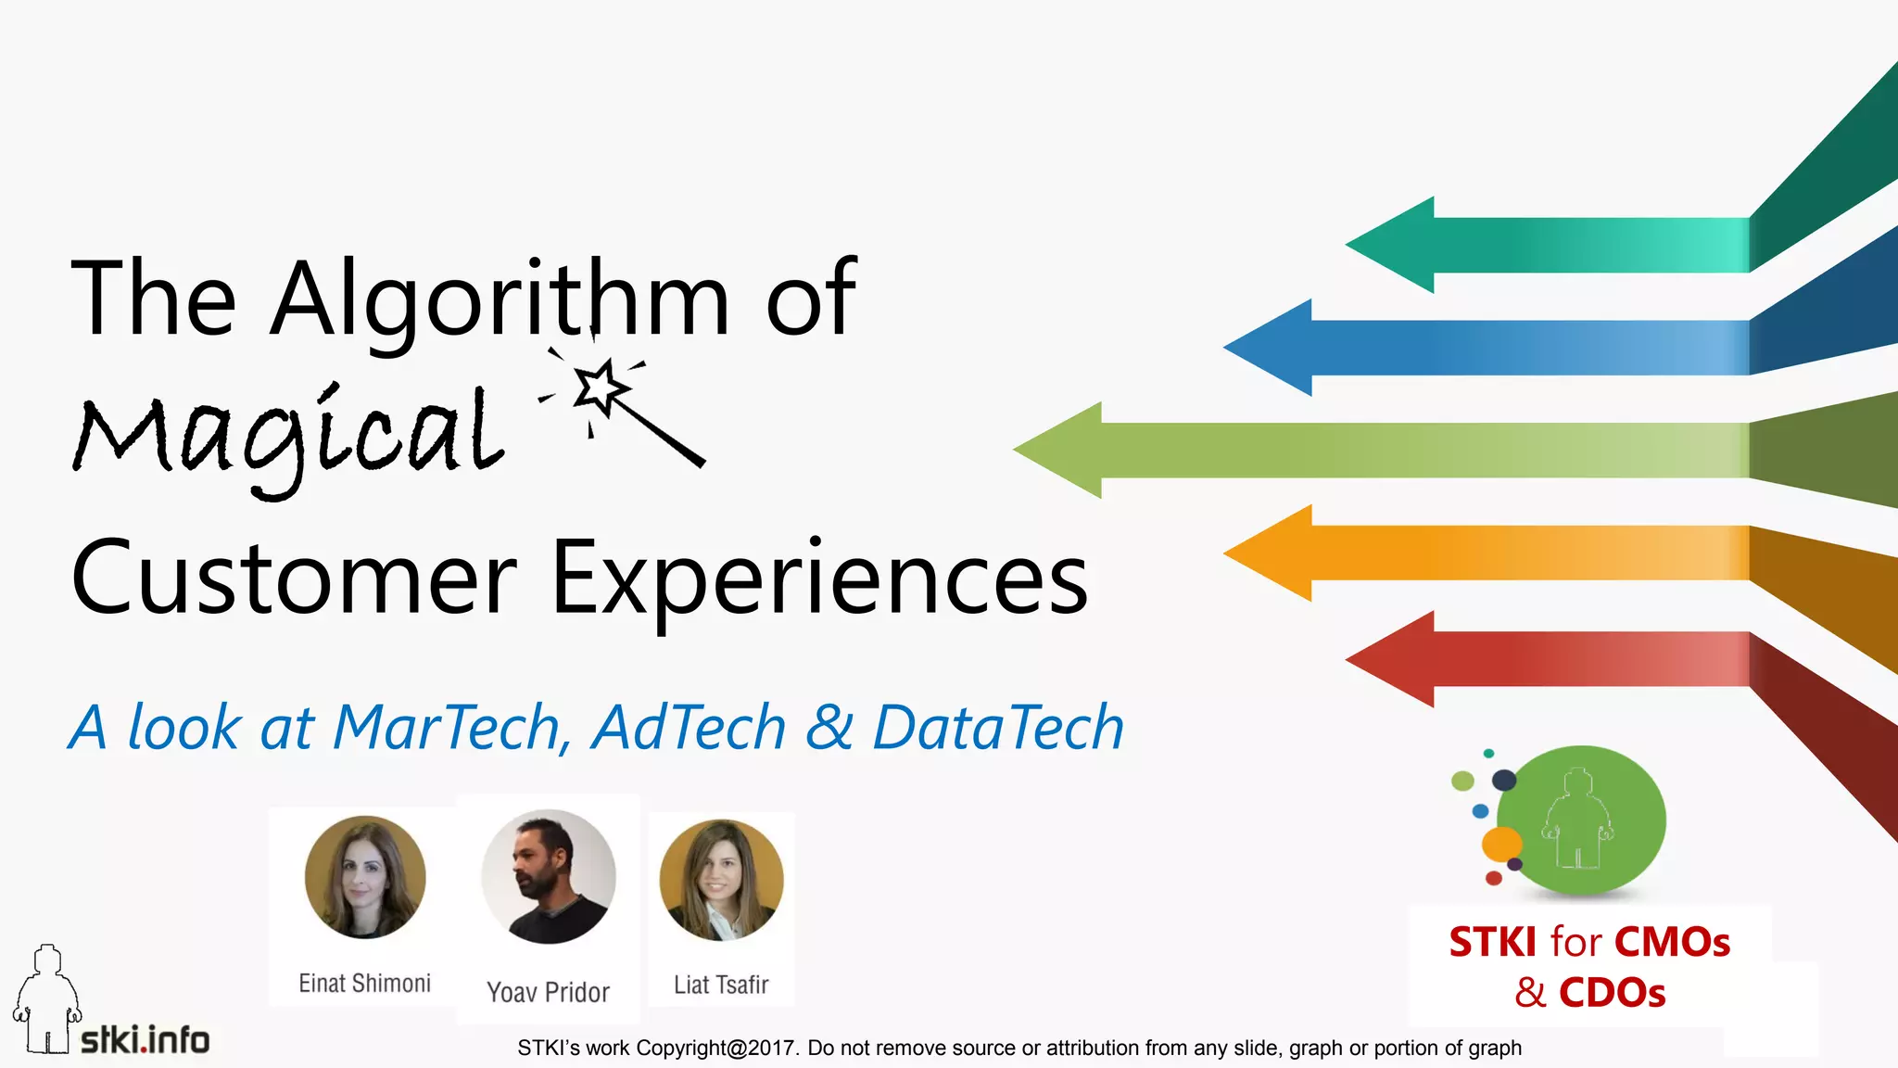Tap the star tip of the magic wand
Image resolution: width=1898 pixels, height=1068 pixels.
tap(598, 388)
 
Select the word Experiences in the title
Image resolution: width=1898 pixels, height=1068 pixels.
tap(819, 579)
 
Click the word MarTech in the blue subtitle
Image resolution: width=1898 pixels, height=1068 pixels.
tap(446, 727)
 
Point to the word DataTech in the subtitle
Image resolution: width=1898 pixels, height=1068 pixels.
tap(998, 727)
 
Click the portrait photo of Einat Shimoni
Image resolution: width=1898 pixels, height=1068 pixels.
tap(365, 877)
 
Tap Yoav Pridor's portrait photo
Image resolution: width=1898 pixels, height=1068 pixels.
tap(549, 877)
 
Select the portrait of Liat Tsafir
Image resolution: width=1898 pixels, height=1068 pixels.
tap(721, 880)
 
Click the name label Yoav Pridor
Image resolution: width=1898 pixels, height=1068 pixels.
tap(549, 993)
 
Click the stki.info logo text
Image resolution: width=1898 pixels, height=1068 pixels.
tap(146, 1040)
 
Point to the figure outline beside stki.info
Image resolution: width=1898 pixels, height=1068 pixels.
tap(46, 1001)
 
